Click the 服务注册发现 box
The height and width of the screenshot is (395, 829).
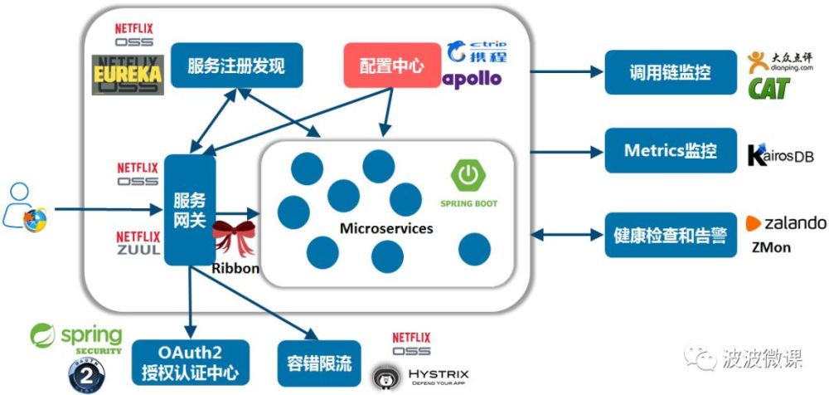pos(236,66)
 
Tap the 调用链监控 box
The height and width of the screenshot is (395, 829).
pos(670,72)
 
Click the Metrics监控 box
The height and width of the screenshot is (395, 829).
pos(670,151)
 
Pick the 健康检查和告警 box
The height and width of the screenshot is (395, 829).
pos(670,235)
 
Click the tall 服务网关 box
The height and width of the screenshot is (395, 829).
pos(189,210)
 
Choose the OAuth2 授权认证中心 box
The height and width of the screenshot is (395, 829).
pos(190,361)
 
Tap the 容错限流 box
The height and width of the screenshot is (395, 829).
pos(319,362)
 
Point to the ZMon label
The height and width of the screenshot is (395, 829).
pos(771,247)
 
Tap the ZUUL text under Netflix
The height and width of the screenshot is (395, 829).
pos(138,250)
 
